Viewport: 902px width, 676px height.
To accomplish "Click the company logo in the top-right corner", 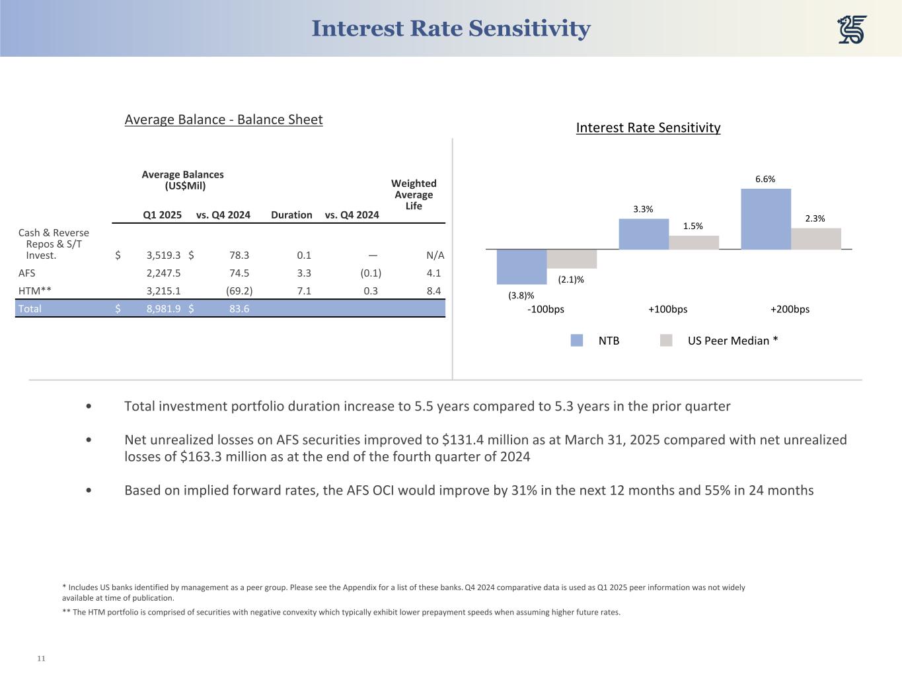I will pos(852,30).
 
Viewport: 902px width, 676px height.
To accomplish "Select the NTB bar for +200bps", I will pos(766,219).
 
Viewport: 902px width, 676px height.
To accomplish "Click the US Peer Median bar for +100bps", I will pos(693,242).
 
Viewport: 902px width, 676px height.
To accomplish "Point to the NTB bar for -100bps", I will pos(521,265).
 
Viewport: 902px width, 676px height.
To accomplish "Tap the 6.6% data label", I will pos(765,179).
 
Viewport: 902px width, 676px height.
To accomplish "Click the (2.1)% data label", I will pos(571,279).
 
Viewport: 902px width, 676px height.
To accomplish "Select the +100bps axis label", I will pos(667,309).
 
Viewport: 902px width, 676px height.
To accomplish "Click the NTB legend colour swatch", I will pos(577,341).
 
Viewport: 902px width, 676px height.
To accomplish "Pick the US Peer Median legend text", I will pos(732,341).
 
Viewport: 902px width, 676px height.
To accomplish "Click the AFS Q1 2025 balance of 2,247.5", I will pos(163,273).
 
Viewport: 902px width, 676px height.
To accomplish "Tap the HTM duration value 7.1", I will pos(304,290).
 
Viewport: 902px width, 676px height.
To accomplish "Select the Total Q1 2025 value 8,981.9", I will pos(163,308).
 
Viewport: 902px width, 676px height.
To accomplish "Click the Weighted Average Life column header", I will pos(414,194).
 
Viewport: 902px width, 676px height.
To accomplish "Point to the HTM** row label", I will pos(34,290).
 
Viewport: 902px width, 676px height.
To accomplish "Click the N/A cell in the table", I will pos(435,255).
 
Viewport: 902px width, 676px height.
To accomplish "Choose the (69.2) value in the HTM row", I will pos(239,290).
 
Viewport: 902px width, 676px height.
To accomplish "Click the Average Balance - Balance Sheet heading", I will pos(223,119).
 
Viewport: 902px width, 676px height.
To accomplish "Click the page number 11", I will pos(41,658).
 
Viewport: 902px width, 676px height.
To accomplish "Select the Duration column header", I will pos(291,215).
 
